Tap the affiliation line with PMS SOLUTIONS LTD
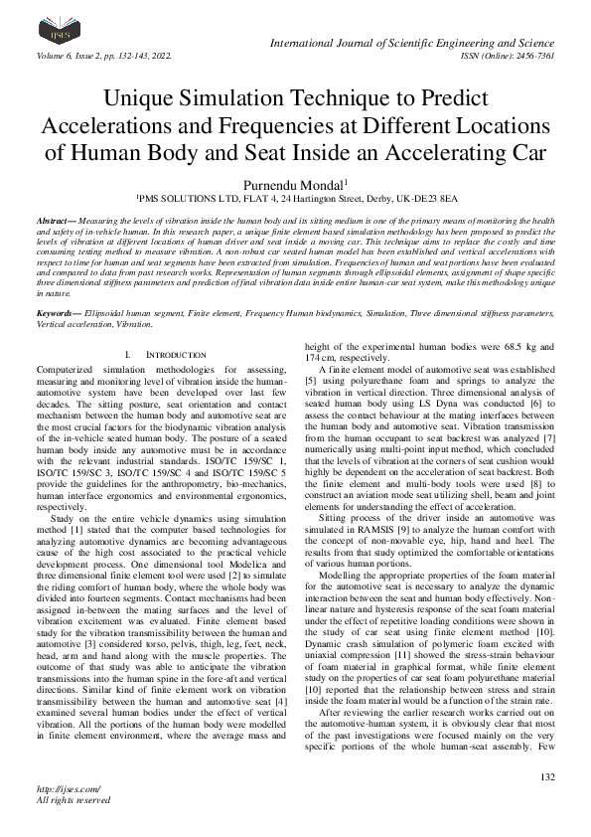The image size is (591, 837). pyautogui.click(x=295, y=199)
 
